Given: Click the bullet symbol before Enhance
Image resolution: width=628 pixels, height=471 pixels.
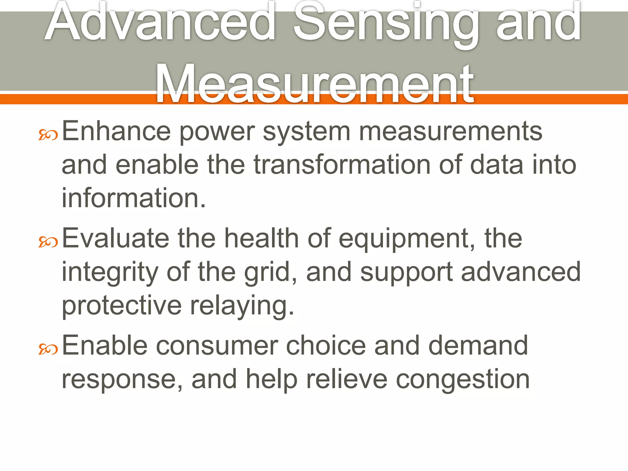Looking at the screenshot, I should [48, 135].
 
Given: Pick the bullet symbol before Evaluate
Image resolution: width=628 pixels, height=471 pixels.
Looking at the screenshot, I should [48, 242].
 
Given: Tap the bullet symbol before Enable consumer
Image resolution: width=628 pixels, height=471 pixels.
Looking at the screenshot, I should [48, 349].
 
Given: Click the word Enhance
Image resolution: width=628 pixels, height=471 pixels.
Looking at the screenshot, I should [116, 131].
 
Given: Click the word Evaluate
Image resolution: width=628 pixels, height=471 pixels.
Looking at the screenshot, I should [116, 238].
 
